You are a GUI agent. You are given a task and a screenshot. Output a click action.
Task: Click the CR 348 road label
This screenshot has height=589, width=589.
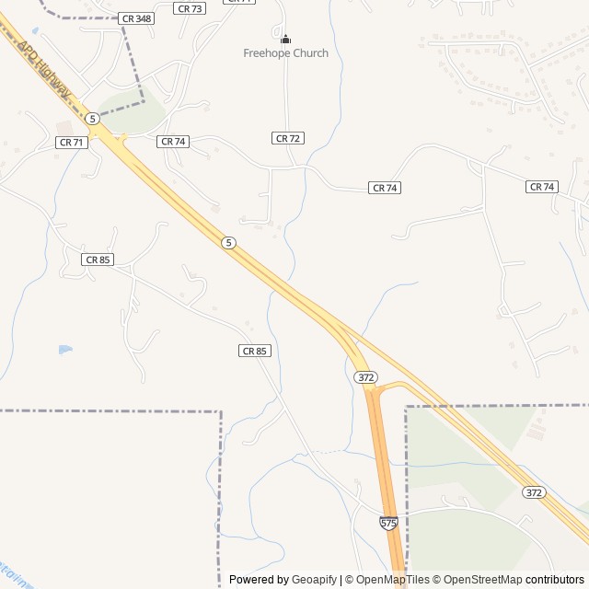point(136,18)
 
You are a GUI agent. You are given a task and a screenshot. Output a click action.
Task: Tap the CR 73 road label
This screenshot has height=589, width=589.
point(190,8)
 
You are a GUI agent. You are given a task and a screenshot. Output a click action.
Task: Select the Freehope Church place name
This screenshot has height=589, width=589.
point(285,53)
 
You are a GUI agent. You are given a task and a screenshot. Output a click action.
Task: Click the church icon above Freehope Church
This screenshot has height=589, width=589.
point(285,39)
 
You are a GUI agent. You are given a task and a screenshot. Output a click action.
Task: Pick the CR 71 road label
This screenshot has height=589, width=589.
point(71,143)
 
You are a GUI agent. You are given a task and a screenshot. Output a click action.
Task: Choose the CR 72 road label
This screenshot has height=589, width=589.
point(288,138)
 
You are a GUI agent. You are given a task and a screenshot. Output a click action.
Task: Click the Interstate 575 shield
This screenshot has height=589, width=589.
point(388,523)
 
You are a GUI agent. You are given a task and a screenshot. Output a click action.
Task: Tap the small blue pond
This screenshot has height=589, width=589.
point(64,350)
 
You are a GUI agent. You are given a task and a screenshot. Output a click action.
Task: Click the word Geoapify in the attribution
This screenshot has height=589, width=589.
point(314,580)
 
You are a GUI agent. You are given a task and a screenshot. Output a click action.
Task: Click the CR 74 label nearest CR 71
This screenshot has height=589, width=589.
point(173,142)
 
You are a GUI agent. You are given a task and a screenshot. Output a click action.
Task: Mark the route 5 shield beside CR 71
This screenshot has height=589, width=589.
point(92,119)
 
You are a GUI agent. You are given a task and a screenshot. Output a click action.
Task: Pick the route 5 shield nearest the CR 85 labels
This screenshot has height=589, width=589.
point(228,242)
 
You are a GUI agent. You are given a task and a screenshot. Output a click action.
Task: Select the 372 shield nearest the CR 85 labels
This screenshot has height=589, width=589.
point(365,377)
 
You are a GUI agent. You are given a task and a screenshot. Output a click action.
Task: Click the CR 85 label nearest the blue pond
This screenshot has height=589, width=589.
point(97,260)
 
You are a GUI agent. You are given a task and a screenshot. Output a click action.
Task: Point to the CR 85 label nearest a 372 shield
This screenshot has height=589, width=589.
point(255,351)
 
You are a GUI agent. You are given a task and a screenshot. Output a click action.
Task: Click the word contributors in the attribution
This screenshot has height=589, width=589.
point(555,580)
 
